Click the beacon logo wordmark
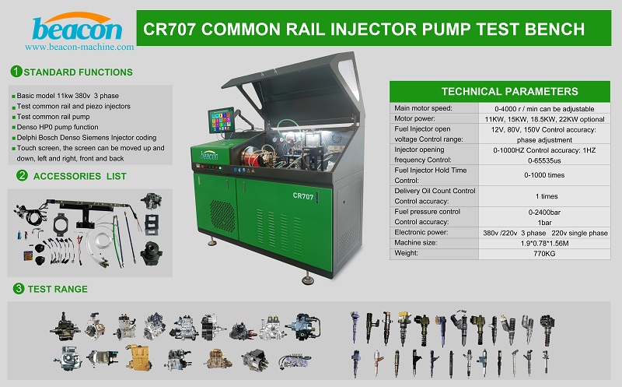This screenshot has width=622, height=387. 77,29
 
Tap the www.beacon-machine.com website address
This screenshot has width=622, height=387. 79,47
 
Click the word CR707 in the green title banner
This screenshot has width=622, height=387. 169,30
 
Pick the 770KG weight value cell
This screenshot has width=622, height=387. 544,254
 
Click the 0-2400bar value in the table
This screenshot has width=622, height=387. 544,212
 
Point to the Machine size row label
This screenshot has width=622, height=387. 415,242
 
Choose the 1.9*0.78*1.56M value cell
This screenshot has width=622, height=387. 544,243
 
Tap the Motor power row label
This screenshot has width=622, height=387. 414,118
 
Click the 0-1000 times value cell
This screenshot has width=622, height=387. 544,175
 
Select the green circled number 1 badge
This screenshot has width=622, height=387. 16,72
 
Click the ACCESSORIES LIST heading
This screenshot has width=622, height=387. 80,176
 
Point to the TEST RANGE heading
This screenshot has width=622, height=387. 58,289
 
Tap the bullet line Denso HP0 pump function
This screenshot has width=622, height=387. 58,127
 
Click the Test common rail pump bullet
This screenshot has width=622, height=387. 53,117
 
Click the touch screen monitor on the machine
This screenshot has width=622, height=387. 221,120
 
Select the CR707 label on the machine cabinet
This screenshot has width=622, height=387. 303,196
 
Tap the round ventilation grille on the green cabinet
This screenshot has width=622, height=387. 222,217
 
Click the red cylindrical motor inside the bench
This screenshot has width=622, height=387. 250,157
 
